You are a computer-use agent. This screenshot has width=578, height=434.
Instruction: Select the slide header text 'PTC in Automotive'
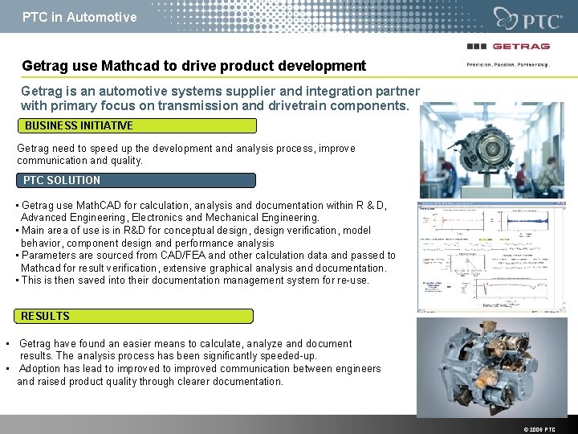pos(79,17)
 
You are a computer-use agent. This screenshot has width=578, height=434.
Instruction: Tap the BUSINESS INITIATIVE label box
pos(137,125)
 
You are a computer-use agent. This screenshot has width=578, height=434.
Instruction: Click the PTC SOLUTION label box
pos(136,180)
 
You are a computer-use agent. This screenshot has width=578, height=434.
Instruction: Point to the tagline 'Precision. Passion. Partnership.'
pos(508,64)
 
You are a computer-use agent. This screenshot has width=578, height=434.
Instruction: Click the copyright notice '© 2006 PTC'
pos(539,429)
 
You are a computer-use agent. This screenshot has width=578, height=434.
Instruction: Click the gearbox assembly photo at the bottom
pos(490,366)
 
